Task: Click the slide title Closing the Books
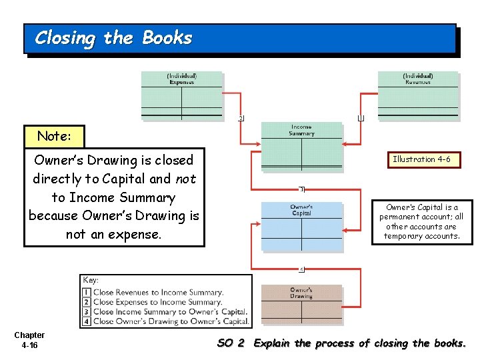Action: tap(113, 38)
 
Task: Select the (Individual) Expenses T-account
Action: tap(181, 95)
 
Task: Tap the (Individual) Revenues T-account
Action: tap(418, 95)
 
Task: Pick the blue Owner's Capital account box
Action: tap(301, 226)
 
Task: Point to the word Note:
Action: tap(54, 136)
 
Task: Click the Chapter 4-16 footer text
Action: tap(29, 340)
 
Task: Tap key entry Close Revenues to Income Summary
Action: tap(158, 292)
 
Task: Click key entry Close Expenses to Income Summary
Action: tap(157, 302)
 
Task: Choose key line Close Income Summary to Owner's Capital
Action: tap(170, 311)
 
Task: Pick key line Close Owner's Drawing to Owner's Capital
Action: tap(171, 321)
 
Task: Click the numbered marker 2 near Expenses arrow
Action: tap(241, 119)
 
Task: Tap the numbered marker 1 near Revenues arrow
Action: tap(361, 119)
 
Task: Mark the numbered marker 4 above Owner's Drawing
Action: tap(301, 269)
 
